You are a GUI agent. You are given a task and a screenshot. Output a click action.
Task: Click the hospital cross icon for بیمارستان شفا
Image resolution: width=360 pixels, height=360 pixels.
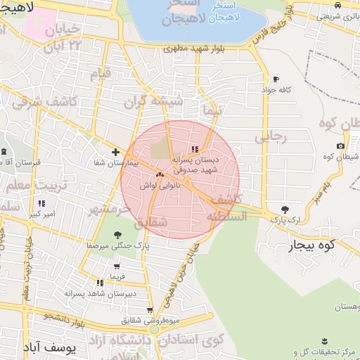pyautogui.click(x=116, y=152)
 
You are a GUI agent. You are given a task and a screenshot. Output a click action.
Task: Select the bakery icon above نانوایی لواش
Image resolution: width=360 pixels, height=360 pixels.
pyautogui.click(x=160, y=174)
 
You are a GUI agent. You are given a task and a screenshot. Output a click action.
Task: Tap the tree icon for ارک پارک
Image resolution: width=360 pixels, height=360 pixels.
pyautogui.click(x=285, y=210)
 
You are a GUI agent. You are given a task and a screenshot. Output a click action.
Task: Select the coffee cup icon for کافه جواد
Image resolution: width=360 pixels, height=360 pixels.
pyautogui.click(x=276, y=79)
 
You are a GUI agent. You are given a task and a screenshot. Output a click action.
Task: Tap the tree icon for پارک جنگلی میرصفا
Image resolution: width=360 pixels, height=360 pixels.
pyautogui.click(x=117, y=236)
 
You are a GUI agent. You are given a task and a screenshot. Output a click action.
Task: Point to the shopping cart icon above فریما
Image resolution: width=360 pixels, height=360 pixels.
pyautogui.click(x=117, y=267)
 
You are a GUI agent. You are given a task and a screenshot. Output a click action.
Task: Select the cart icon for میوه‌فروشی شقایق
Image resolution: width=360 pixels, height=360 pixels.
pyautogui.click(x=150, y=310)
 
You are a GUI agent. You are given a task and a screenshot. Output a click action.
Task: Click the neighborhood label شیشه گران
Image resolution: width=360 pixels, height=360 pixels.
pyautogui.click(x=153, y=101)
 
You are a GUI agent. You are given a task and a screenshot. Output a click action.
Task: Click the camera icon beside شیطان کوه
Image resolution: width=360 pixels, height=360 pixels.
pyautogui.click(x=340, y=146)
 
